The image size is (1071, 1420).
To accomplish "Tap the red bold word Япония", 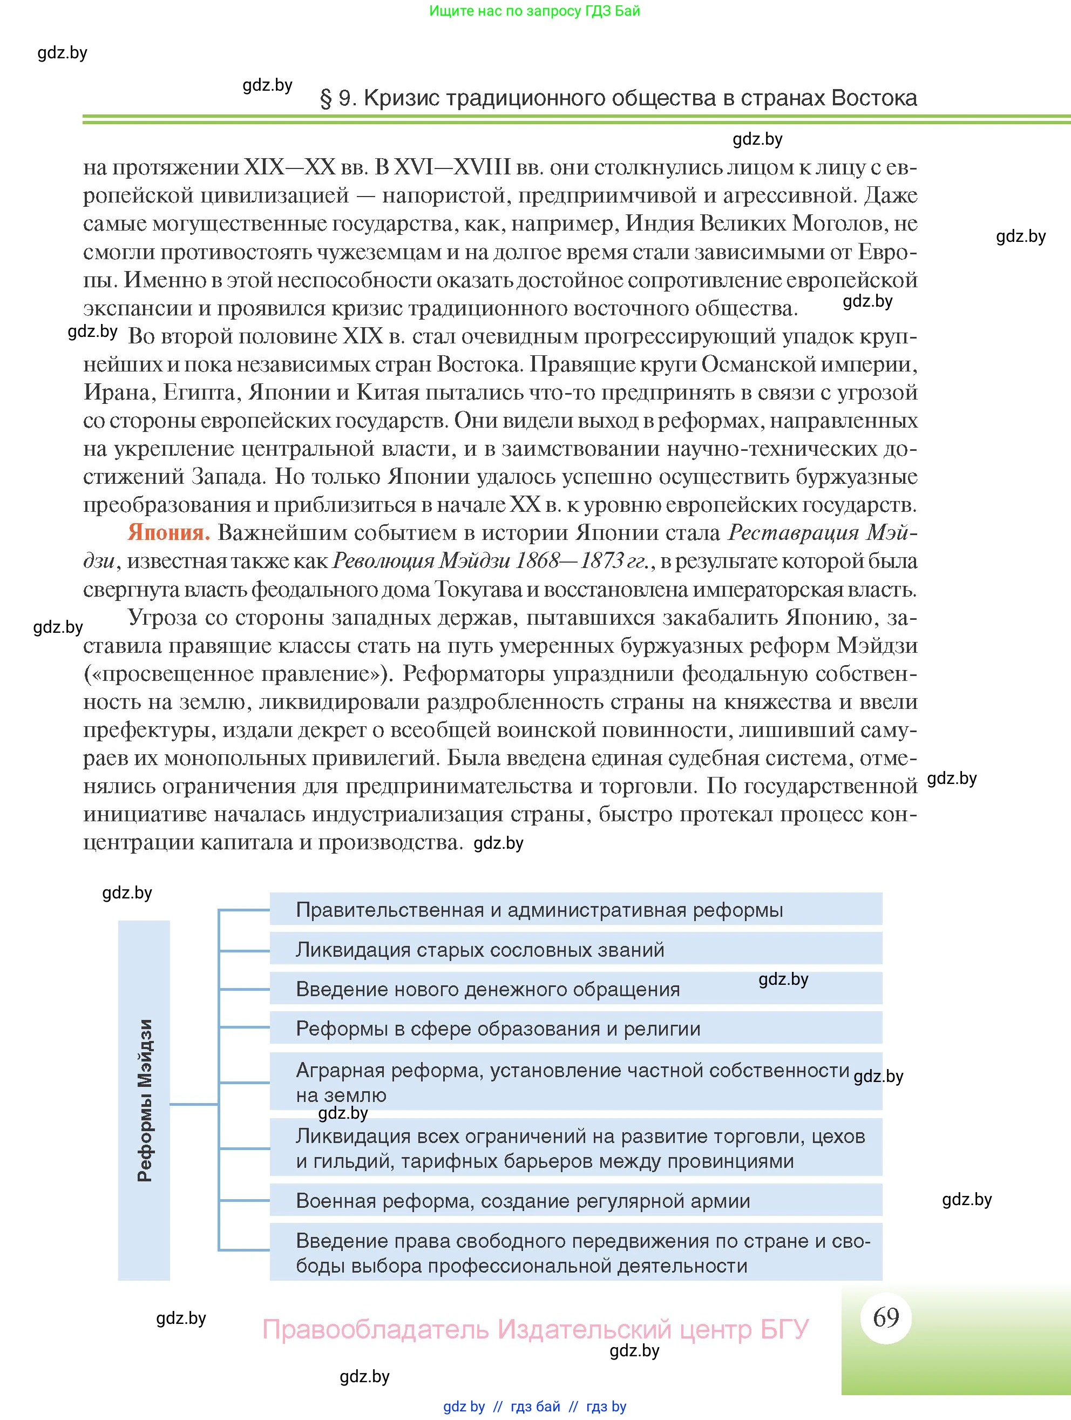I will (168, 533).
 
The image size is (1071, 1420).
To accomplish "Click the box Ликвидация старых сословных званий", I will (575, 949).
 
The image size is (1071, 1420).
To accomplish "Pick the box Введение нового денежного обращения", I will (575, 989).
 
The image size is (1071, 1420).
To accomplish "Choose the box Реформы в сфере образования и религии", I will (575, 1029).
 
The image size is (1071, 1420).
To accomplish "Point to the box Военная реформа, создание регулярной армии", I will (575, 1200).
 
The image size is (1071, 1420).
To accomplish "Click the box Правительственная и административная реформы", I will (575, 909).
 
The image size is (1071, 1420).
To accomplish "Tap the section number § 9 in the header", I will (337, 98).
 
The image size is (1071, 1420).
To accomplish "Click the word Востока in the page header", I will (873, 98).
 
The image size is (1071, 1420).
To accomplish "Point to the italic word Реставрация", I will (793, 533).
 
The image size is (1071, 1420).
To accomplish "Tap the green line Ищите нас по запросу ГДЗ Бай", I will (534, 11).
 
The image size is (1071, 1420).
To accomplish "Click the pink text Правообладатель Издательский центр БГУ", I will (535, 1329).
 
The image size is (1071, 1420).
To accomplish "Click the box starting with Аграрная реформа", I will (575, 1083).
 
